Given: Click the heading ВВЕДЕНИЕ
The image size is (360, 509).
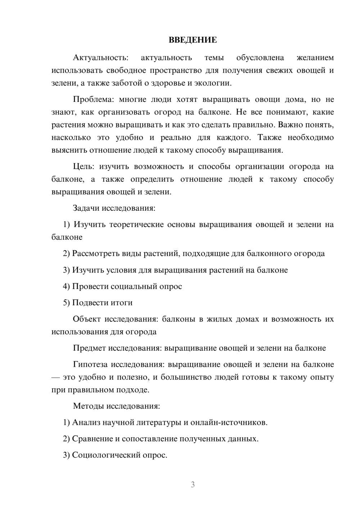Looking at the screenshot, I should pyautogui.click(x=193, y=40).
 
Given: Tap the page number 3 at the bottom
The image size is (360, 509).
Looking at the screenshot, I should pyautogui.click(x=193, y=485).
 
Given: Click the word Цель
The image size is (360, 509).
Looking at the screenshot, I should pyautogui.click(x=84, y=166).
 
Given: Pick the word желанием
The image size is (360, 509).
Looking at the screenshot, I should pyautogui.click(x=315, y=58).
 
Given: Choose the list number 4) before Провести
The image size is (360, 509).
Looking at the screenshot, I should pyautogui.click(x=66, y=287).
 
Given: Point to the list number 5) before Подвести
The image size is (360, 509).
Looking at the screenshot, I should pyautogui.click(x=66, y=303).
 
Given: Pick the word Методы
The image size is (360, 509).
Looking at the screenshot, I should pyautogui.click(x=88, y=406).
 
